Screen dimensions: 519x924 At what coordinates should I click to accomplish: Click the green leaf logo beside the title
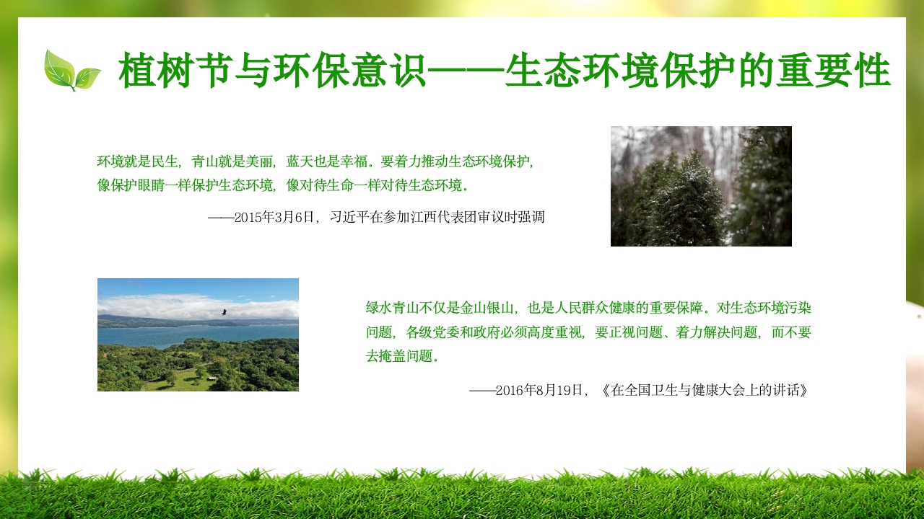(x=71, y=71)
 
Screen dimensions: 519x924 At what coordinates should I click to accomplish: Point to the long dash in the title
(x=466, y=71)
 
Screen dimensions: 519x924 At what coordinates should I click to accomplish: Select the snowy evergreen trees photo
(x=701, y=186)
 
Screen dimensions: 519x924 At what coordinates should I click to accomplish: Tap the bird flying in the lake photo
(x=224, y=312)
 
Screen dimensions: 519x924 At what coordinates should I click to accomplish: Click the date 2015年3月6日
(x=275, y=217)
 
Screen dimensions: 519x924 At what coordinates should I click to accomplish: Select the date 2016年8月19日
(x=539, y=391)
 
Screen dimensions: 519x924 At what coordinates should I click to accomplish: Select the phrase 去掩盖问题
(x=399, y=356)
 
